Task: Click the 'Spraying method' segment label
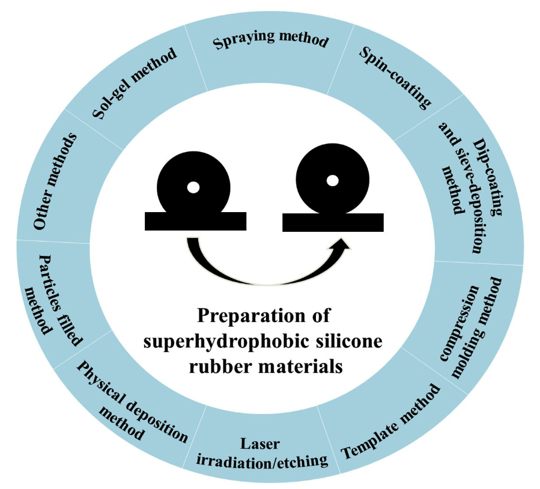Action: tap(270, 40)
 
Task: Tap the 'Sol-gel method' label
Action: tap(135, 83)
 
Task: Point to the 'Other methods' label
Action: tap(55, 181)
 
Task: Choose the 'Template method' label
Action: tap(390, 422)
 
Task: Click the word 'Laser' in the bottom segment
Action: tap(259, 443)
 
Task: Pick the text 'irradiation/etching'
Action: tap(262, 461)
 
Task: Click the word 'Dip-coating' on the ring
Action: tap(487, 177)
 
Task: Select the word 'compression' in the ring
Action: tap(460, 323)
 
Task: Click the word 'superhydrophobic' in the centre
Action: tap(221, 342)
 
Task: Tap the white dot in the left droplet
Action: tap(193, 187)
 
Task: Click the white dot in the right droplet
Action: tap(332, 180)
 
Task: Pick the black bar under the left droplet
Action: tap(196, 222)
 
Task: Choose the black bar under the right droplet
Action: tap(333, 222)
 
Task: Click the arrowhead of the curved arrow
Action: tap(342, 244)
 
